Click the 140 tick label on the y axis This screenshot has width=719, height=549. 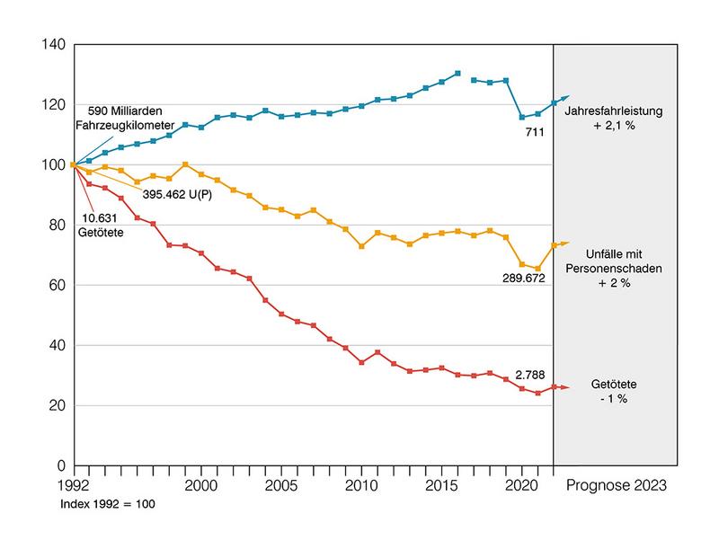tap(54, 44)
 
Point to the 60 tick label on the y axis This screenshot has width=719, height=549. tap(58, 285)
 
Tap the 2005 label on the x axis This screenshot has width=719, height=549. tap(281, 485)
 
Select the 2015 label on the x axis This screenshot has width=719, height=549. tap(441, 485)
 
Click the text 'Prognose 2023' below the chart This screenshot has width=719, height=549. tap(617, 485)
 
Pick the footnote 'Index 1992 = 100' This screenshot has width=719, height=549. tap(108, 504)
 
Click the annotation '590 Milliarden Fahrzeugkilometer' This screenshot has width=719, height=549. tap(125, 118)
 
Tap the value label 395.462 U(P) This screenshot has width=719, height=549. tap(177, 194)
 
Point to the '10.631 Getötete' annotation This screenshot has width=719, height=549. tap(101, 225)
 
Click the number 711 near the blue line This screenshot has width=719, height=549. tap(535, 132)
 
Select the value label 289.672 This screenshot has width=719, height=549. tap(524, 279)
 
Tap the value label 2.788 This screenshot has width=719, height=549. tap(530, 375)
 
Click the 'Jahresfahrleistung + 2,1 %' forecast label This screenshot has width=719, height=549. tap(614, 119)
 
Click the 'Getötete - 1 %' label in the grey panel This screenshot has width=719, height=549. tap(614, 392)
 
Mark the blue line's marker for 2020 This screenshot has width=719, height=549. tap(522, 118)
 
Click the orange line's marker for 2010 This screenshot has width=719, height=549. tap(361, 246)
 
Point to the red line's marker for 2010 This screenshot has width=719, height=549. tap(361, 362)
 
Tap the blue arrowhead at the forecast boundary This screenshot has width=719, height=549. tap(565, 98)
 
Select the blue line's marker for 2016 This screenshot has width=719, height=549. tap(457, 74)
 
